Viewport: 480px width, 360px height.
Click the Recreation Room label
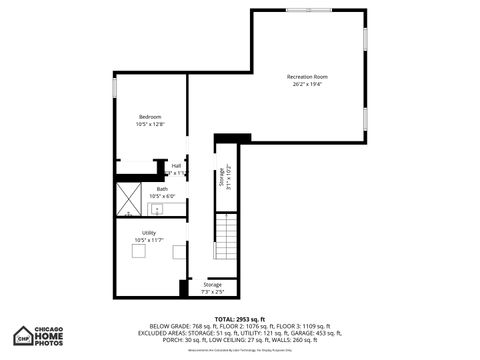point(307,76)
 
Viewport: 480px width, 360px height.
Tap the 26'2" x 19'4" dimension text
point(307,84)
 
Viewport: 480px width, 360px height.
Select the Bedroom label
point(149,117)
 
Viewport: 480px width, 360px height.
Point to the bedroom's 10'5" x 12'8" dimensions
point(149,125)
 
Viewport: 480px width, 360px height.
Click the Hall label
point(176,166)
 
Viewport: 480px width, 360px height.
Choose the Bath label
point(162,188)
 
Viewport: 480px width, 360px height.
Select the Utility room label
point(148,233)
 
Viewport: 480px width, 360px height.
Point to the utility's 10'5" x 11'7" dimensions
point(148,241)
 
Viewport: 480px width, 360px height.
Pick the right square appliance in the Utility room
point(178,252)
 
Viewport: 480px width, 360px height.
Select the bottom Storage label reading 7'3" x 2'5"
point(213,291)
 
